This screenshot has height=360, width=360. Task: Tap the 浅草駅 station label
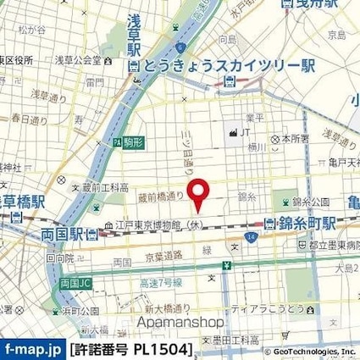(x=132, y=46)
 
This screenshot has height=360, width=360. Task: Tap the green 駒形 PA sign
(x=127, y=143)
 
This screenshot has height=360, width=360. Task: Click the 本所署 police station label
(x=291, y=137)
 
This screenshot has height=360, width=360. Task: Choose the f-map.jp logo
(x=33, y=348)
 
